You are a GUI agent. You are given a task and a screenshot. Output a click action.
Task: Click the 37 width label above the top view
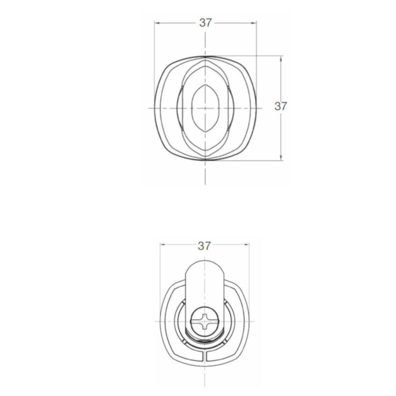point(205,23)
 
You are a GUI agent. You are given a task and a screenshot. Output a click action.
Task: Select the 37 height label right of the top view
point(281,106)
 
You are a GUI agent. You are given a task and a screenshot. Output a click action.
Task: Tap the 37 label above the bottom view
point(204,246)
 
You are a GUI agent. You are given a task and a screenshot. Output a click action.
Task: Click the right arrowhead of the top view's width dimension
point(253,23)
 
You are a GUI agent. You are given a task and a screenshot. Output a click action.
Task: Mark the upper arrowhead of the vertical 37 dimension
point(281,59)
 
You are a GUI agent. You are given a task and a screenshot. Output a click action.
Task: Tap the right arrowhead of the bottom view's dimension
point(246,244)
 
